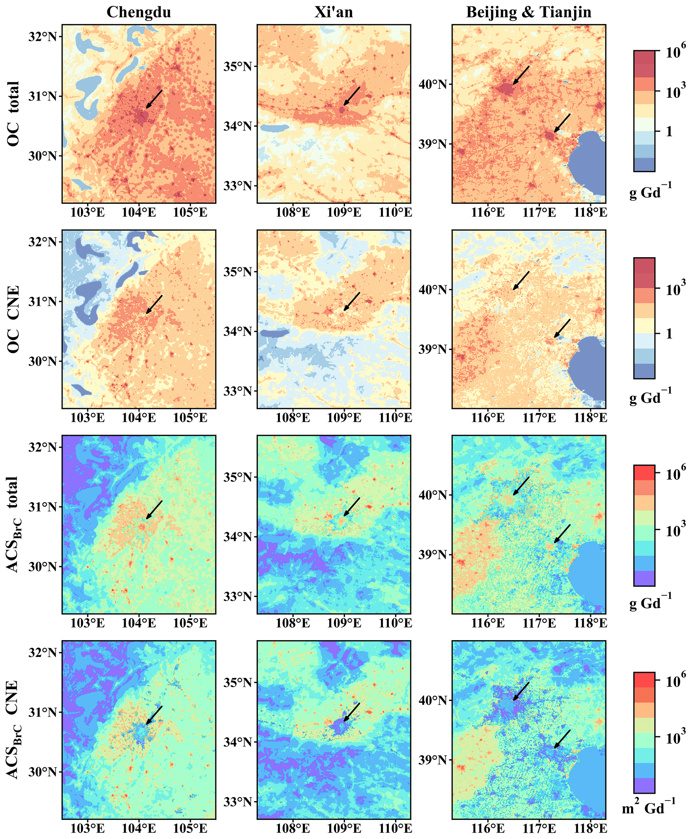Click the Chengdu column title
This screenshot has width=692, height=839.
tap(139, 12)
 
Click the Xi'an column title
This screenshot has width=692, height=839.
tap(334, 12)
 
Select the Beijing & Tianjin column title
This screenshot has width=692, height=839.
tap(529, 12)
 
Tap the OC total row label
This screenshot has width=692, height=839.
tap(13, 113)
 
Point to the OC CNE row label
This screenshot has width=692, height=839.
tap(13, 319)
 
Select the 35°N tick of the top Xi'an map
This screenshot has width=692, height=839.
tap(238, 66)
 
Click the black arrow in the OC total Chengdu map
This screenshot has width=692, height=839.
tap(154, 98)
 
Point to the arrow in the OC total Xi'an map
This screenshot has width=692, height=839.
tap(352, 96)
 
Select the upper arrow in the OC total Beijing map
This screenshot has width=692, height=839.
tap(521, 75)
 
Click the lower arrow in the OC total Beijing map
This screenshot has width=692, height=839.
tap(562, 123)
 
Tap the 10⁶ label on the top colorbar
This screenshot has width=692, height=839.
tap(675, 52)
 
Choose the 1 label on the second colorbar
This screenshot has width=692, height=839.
tap(669, 333)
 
